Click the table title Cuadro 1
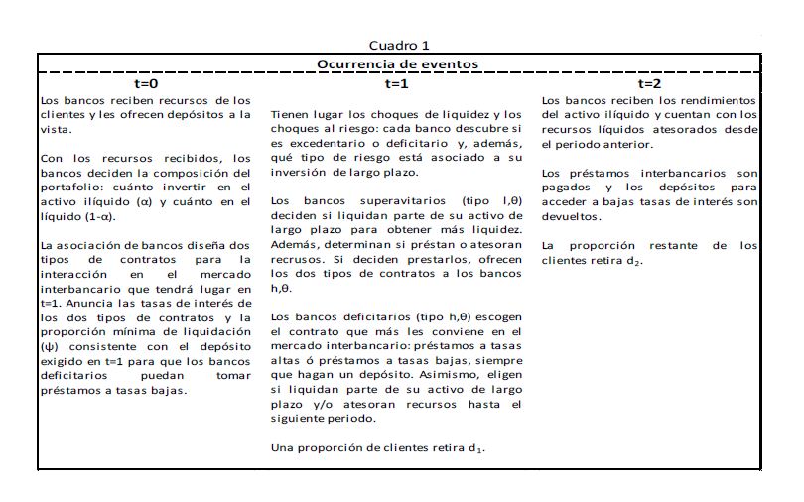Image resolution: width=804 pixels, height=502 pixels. pyautogui.click(x=399, y=46)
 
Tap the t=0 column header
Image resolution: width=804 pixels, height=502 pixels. pyautogui.click(x=146, y=84)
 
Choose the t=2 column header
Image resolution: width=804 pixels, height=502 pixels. pyautogui.click(x=650, y=84)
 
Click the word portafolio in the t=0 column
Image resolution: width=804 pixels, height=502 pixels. pyautogui.click(x=65, y=187)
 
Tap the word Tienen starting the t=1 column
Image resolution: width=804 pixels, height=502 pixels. pyautogui.click(x=290, y=115)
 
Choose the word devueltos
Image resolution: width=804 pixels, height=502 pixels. pyautogui.click(x=571, y=216)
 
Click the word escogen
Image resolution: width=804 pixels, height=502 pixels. pyautogui.click(x=497, y=317)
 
